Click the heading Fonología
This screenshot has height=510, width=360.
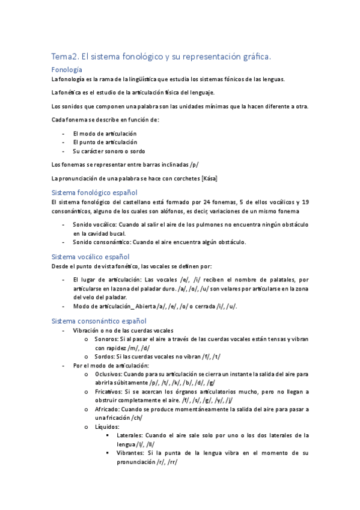coord(67,70)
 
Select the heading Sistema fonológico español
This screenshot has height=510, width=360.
coord(95,192)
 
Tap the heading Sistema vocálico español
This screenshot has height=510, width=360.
coord(91,257)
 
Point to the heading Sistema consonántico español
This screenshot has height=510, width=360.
coord(99,321)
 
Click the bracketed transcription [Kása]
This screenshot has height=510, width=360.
coord(207,179)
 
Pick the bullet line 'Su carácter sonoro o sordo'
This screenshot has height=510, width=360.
coord(109,151)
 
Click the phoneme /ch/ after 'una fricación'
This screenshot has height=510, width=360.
coord(142,418)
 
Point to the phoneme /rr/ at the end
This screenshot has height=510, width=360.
coord(172,462)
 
